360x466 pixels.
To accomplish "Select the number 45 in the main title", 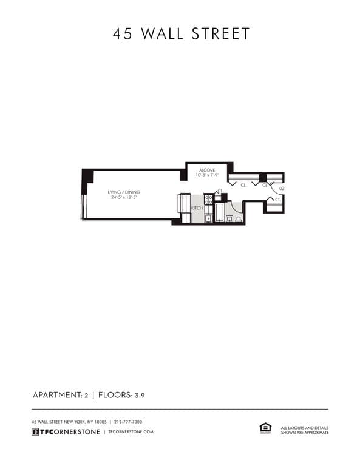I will pos(123,33).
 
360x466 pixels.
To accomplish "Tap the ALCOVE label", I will pos(206,171).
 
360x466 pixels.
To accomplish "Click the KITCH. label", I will pos(197,208).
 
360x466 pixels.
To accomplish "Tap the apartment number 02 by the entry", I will pos(282,189).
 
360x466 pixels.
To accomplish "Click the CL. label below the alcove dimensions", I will pos(243,184).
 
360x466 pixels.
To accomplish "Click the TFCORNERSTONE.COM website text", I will pos(131,431).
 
